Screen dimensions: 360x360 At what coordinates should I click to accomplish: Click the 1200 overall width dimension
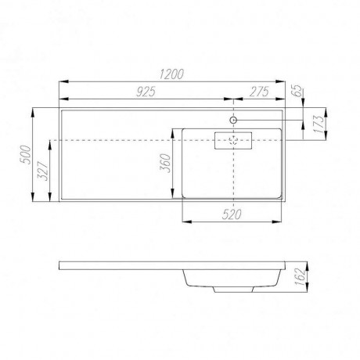point(171,74)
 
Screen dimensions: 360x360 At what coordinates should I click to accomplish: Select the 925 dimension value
point(146,92)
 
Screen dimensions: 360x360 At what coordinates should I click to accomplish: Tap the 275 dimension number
point(259,92)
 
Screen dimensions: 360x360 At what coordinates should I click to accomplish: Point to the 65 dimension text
point(297,91)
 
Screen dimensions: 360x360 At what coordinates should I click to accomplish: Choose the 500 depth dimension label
point(26,154)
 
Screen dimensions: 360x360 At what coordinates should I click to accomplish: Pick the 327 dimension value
point(43,171)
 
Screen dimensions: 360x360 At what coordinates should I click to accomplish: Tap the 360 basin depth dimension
point(165,164)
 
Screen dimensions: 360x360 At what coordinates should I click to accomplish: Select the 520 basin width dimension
point(232,214)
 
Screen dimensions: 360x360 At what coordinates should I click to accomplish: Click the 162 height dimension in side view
point(301,277)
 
